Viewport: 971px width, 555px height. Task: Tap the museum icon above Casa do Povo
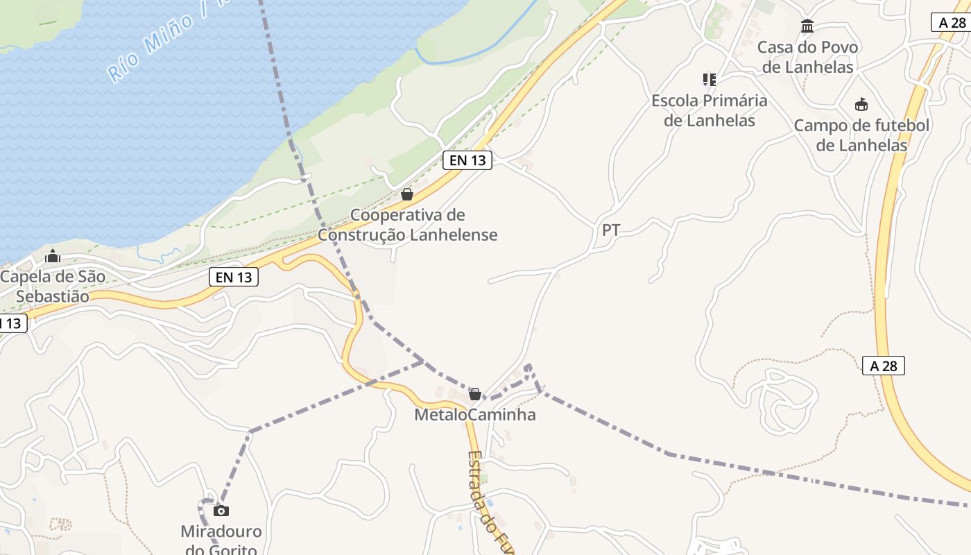click(807, 26)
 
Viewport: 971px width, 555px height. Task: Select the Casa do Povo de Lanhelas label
click(807, 58)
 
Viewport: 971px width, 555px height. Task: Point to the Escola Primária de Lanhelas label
click(709, 110)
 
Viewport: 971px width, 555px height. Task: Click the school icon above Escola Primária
click(709, 80)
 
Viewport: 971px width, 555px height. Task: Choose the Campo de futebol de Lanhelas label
click(861, 135)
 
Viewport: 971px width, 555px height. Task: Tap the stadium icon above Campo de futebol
click(861, 105)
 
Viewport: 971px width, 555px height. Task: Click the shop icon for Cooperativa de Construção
click(407, 194)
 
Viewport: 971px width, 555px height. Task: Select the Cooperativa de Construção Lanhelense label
click(408, 225)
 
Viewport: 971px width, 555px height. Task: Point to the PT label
click(611, 230)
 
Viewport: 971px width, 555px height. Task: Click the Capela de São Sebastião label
click(53, 287)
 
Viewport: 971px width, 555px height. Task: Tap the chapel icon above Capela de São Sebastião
click(53, 257)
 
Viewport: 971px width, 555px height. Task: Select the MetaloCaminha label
click(475, 415)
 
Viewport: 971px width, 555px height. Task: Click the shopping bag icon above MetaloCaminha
click(475, 394)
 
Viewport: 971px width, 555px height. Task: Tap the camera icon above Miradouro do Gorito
click(221, 511)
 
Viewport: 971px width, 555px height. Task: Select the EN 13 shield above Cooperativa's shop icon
click(467, 160)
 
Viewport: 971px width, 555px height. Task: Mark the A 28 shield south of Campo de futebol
click(884, 366)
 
